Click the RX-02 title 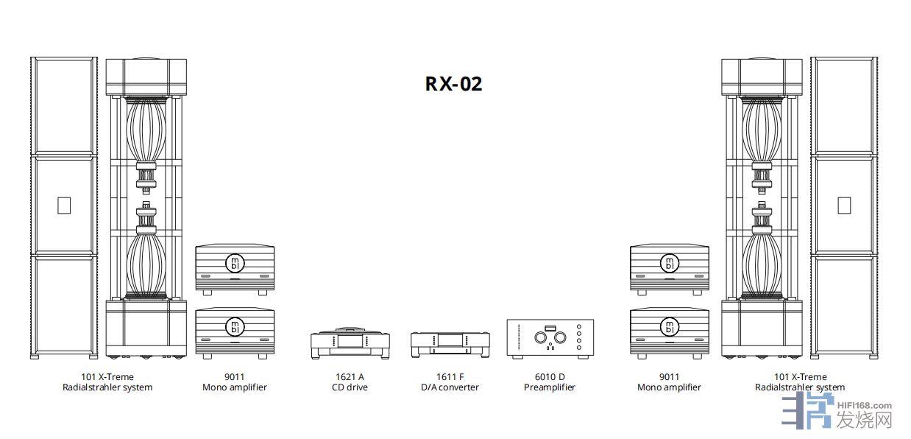tap(453, 84)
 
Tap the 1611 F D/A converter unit tap(450, 343)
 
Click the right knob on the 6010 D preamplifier tap(560, 337)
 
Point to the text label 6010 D tap(549, 377)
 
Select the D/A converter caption tap(450, 387)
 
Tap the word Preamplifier tap(549, 387)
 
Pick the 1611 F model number tap(450, 377)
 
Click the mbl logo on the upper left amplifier tap(234, 263)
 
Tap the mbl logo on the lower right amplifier tap(669, 326)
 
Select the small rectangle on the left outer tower tap(63, 205)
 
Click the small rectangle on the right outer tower tap(843, 205)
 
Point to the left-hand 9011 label tap(234, 377)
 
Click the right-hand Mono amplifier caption tap(669, 387)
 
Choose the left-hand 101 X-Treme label tap(107, 377)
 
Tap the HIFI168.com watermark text tap(865, 405)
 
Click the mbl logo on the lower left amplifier tap(234, 326)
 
